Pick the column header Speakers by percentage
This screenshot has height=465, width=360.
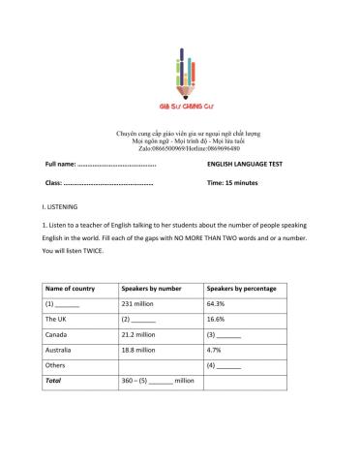[x=241, y=288]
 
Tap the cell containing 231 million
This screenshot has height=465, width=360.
[x=141, y=303]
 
